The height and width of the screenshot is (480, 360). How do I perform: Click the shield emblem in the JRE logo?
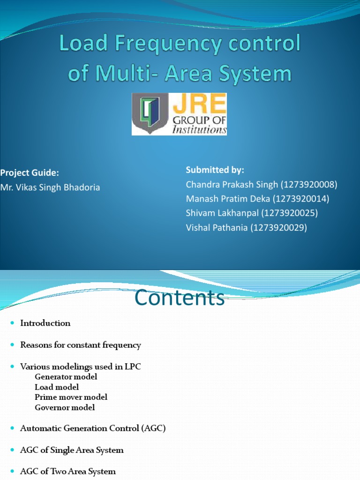point(148,114)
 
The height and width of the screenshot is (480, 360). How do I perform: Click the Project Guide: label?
point(29,172)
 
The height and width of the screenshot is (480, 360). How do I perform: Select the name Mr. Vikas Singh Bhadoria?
point(50,187)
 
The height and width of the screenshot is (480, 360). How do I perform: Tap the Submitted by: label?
point(215,170)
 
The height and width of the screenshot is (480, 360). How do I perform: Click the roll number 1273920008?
point(309,184)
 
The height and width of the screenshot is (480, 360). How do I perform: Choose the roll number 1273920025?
point(290,213)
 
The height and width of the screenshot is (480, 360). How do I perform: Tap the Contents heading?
point(180,298)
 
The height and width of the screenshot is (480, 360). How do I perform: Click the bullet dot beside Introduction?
point(13,323)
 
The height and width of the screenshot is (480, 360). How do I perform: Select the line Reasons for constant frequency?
point(81,345)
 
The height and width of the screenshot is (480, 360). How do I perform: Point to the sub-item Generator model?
point(66,377)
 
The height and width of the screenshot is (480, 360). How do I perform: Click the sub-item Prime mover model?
point(71,397)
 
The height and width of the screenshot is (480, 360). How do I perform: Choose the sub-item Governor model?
point(65,407)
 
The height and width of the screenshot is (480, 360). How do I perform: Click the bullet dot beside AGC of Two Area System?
point(13,472)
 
